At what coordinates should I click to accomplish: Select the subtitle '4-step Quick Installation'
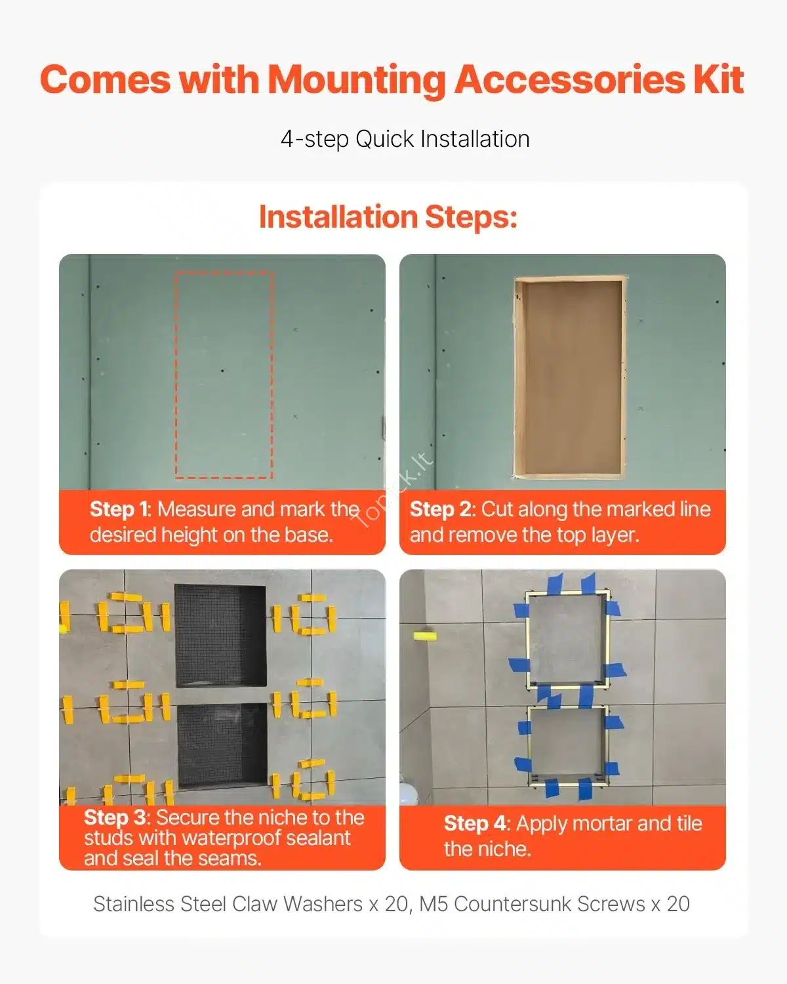pos(405,139)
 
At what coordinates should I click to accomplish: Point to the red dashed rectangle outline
pos(175,375)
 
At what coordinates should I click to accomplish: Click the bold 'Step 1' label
pos(119,509)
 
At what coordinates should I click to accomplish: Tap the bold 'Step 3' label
pos(115,818)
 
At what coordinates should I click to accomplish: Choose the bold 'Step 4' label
pos(475,824)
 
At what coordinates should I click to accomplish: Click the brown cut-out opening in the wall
pos(571,377)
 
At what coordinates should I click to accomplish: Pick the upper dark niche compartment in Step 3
pos(220,636)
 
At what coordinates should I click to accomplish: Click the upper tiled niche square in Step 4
pos(568,640)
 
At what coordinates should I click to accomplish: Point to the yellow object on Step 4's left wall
pos(425,636)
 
